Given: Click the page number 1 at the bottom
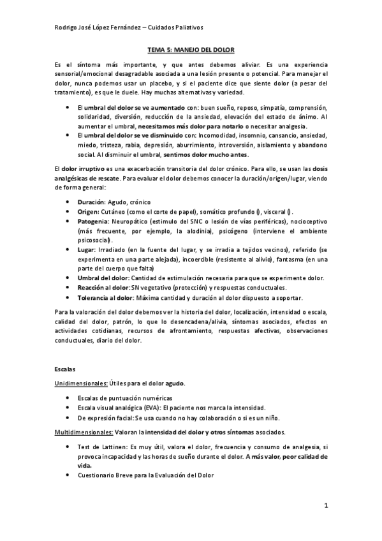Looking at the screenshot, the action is pyautogui.click(x=325, y=507).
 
